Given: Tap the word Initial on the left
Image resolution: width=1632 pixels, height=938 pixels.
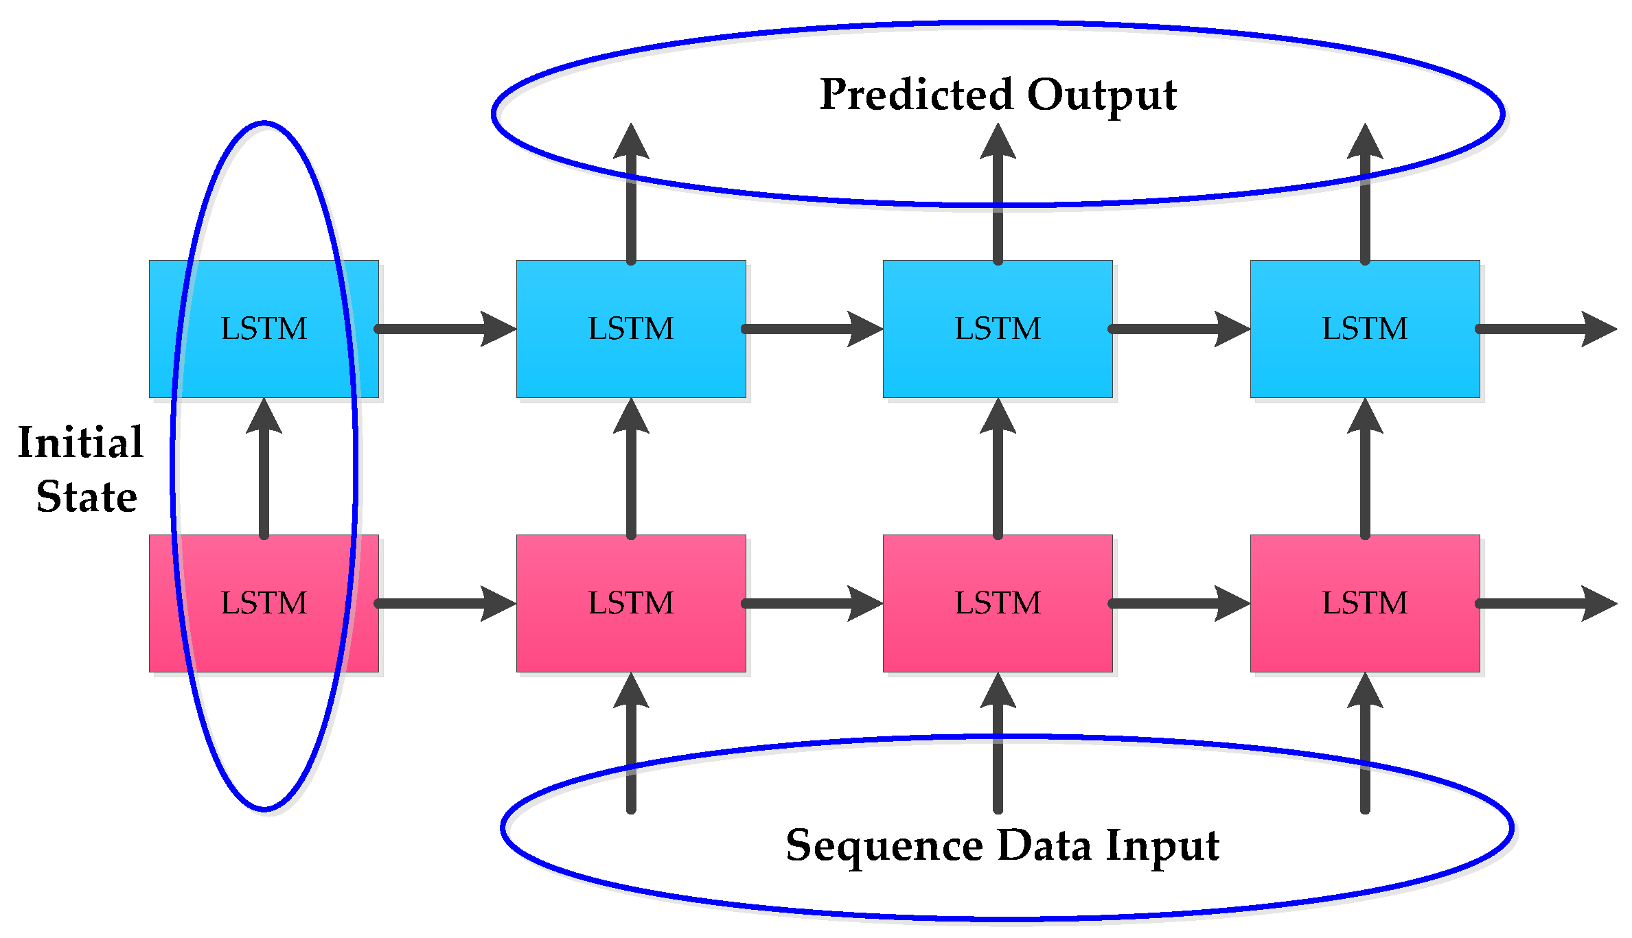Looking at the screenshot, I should click(80, 443).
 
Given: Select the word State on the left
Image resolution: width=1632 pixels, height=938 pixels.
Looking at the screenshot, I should click(87, 497).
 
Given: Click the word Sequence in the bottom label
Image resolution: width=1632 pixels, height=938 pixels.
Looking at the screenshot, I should click(884, 846).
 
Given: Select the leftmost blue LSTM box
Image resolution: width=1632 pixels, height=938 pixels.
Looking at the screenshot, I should click(264, 329).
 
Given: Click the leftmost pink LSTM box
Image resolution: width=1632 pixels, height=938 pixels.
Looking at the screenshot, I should click(264, 603).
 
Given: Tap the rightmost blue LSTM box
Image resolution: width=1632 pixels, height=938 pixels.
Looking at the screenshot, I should click(1364, 329).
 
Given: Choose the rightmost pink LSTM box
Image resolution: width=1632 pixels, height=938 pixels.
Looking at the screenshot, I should click(1364, 603).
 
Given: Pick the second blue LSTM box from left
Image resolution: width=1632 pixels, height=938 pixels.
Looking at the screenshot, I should click(631, 329).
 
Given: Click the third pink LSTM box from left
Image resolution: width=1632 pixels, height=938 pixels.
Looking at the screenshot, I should click(998, 603).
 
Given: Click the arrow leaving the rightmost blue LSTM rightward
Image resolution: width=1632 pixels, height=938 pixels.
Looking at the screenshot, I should click(1545, 329).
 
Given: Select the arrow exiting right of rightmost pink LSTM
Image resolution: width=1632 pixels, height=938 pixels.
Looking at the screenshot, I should click(1545, 603).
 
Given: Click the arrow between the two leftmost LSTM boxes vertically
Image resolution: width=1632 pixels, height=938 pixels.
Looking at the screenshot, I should click(264, 473).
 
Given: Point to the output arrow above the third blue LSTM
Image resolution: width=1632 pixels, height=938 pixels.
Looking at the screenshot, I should click(998, 199).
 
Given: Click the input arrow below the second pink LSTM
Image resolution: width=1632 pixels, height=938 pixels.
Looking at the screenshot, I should click(631, 748).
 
